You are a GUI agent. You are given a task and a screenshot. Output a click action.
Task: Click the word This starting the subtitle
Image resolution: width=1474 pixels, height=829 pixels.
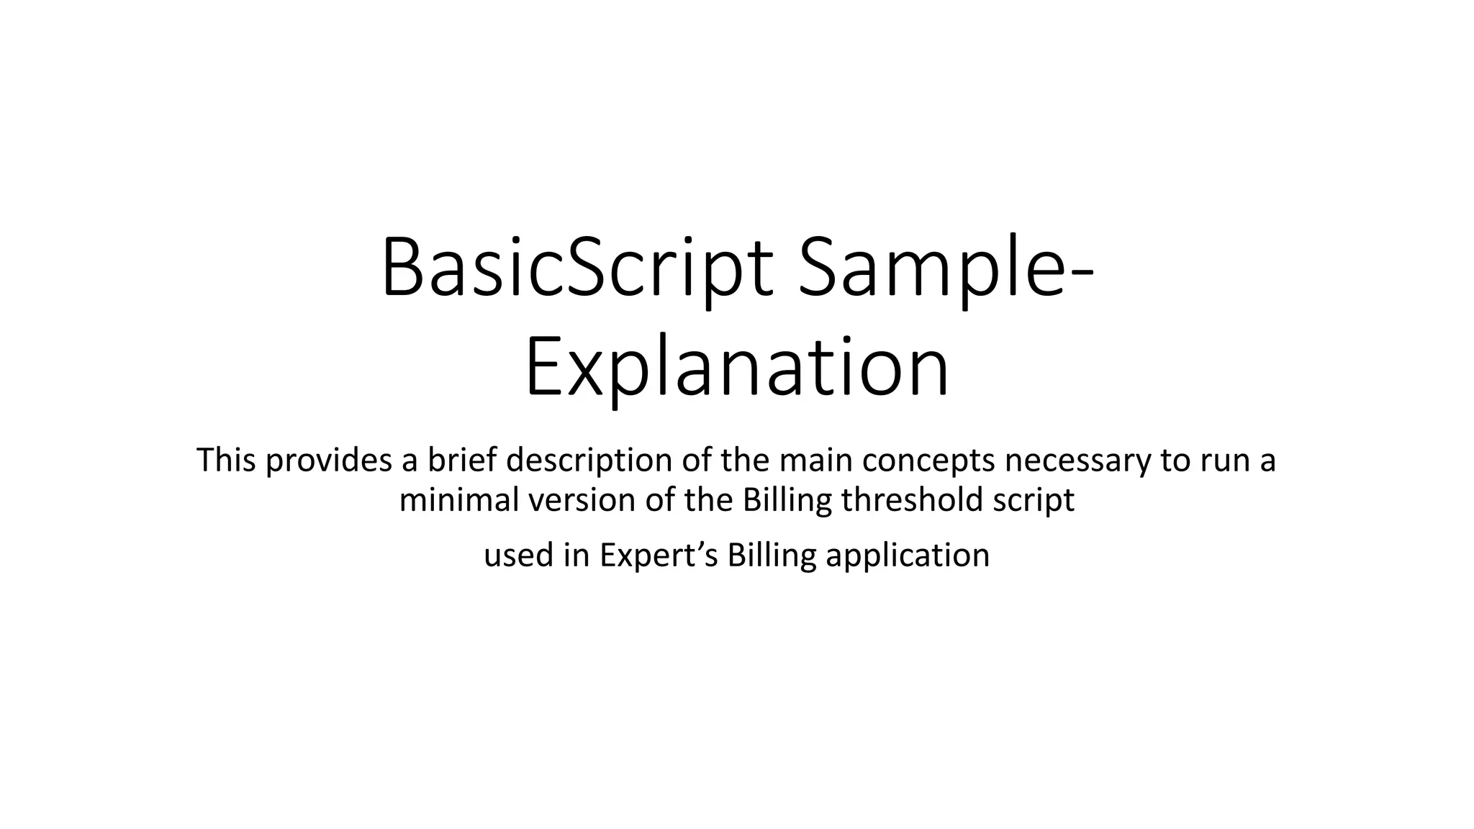pos(226,460)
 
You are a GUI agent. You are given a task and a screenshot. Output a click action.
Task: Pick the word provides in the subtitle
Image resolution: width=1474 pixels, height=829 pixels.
pos(329,461)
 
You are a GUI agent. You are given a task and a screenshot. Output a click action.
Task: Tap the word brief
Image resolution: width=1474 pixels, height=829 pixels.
pos(462,460)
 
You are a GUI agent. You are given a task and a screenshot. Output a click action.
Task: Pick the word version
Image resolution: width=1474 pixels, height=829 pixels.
pos(582,499)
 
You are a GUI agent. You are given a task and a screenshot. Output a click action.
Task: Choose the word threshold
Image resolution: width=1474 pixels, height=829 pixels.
pos(912,499)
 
